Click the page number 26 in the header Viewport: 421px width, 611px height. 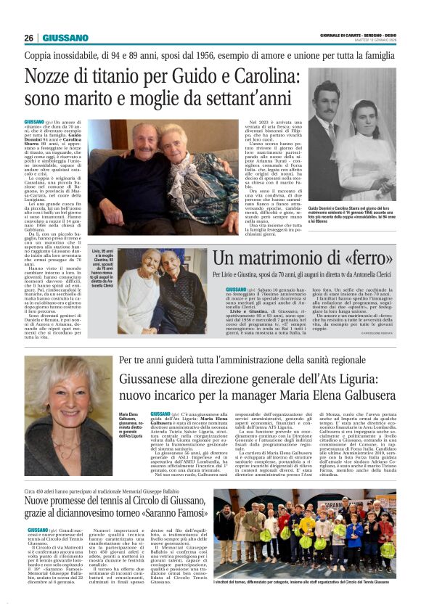point(28,38)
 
